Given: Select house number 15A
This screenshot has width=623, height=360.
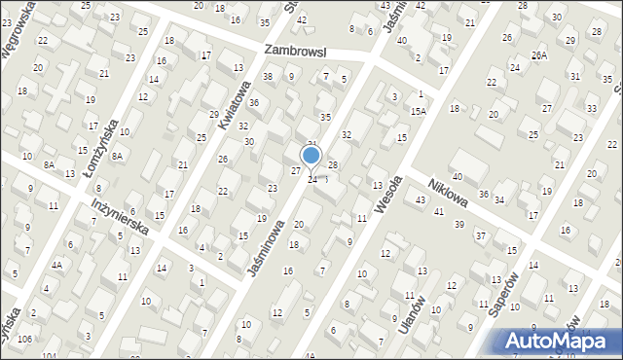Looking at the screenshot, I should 418,112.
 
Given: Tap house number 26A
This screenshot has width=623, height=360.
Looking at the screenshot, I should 539,54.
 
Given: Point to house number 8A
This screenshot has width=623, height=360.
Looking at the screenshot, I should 117,156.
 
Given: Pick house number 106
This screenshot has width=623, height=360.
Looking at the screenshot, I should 23,339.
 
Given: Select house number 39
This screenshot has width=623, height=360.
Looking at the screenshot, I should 459,224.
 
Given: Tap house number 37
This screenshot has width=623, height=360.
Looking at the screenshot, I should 480,235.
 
